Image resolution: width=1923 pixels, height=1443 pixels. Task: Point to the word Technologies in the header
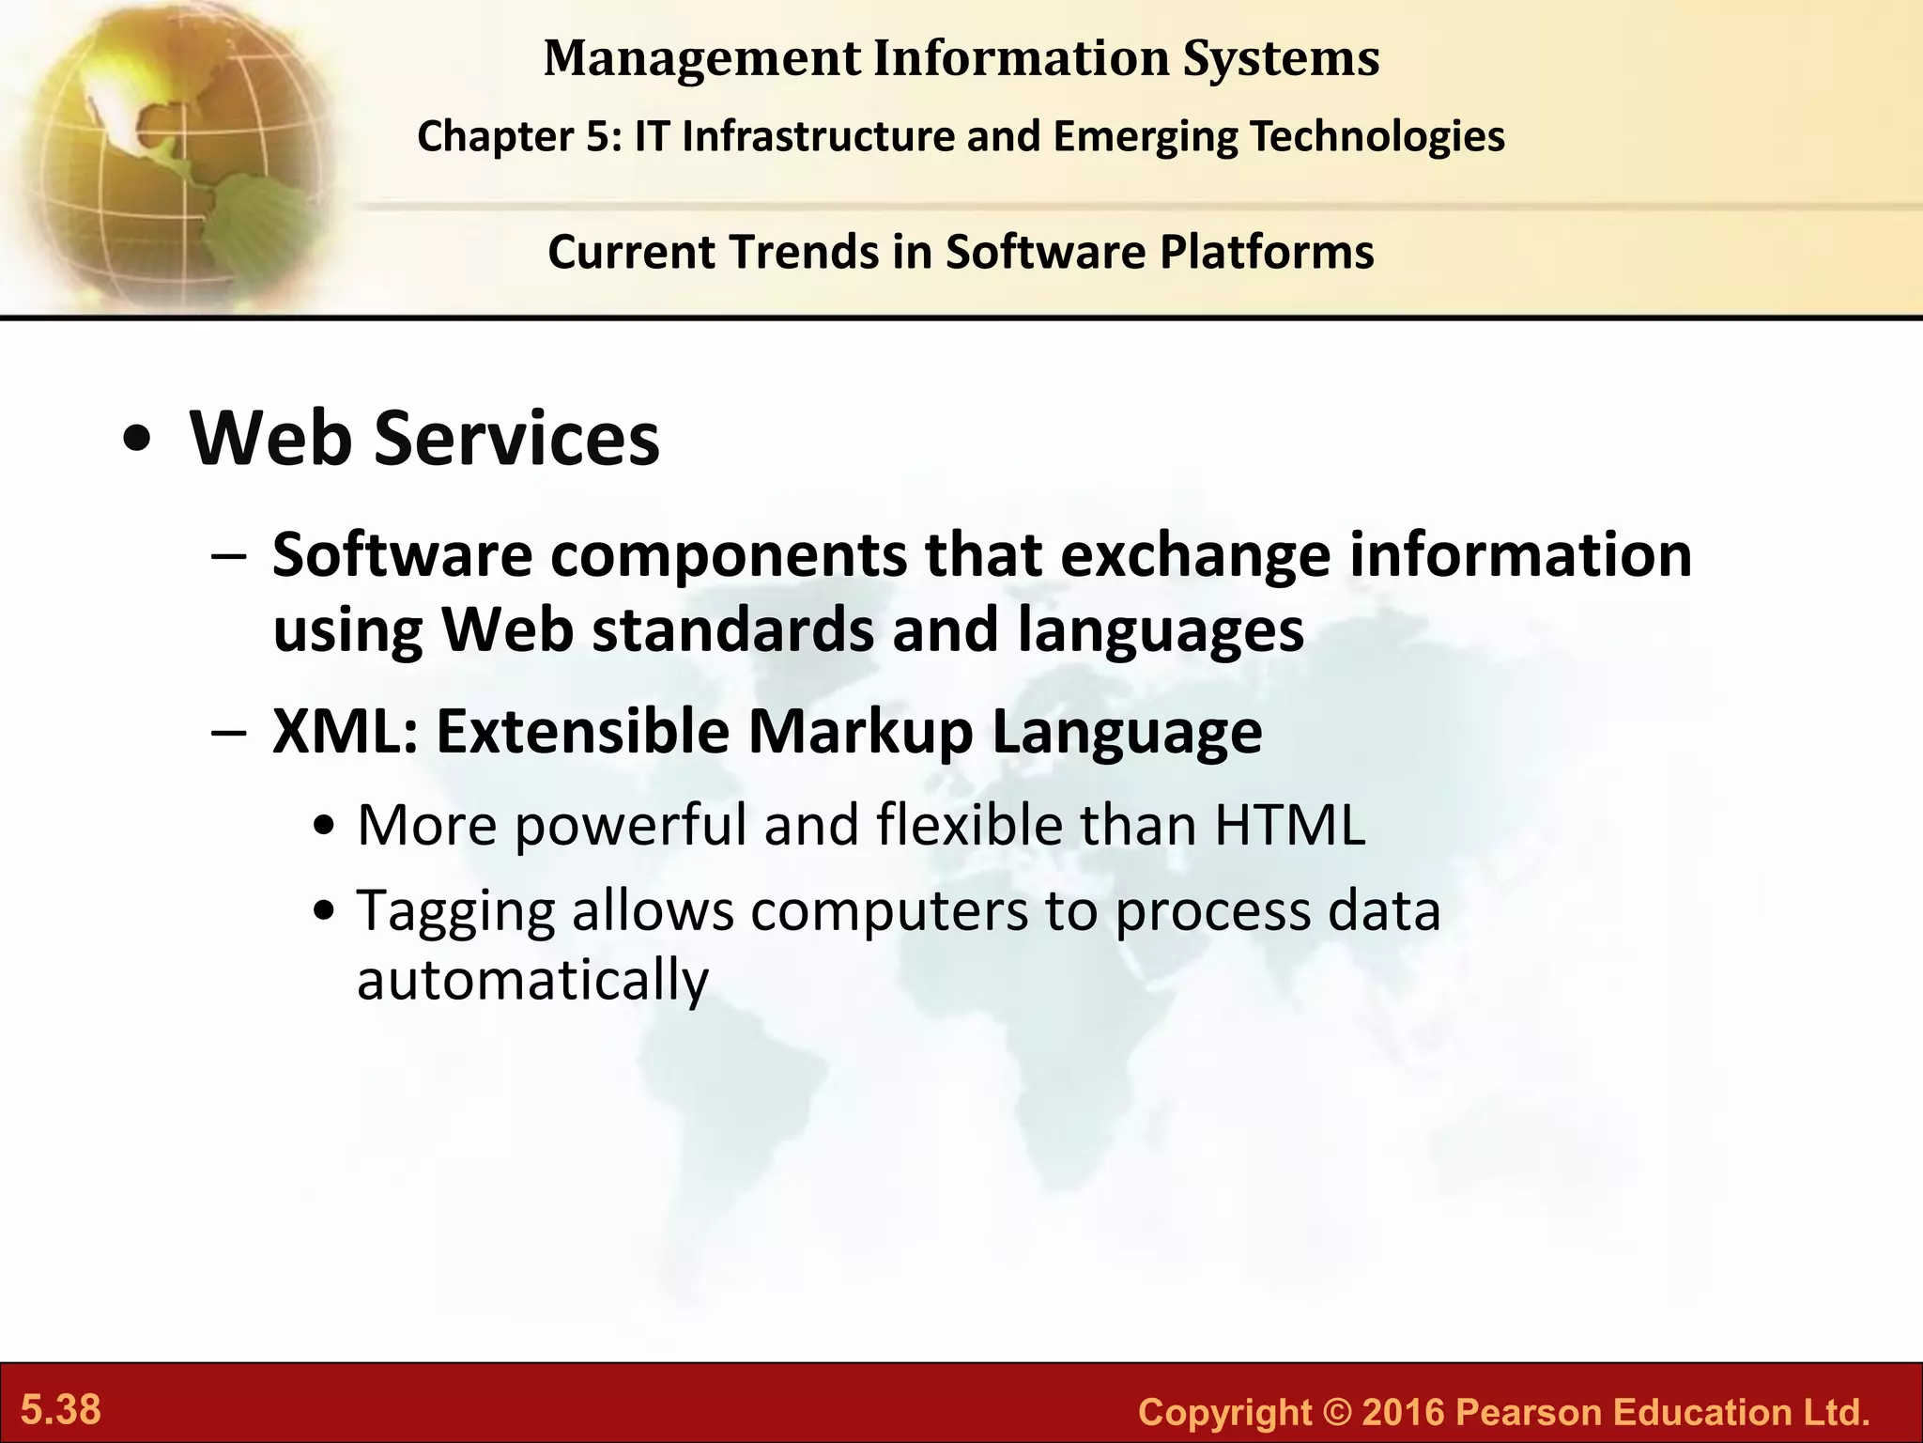pyautogui.click(x=1377, y=136)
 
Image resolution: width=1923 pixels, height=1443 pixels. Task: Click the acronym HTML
pyautogui.click(x=1289, y=825)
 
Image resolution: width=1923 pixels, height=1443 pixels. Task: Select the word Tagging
pyautogui.click(x=455, y=911)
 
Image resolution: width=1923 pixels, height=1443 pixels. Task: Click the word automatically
pyautogui.click(x=532, y=981)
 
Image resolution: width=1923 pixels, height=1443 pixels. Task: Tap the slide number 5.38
pyautogui.click(x=61, y=1410)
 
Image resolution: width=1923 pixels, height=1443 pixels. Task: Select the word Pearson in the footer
pyautogui.click(x=1528, y=1412)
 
